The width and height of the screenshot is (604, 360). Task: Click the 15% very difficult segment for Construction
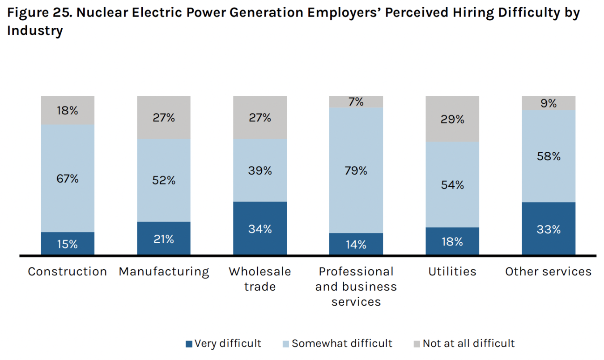tap(68, 244)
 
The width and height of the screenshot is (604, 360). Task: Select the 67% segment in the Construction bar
tap(68, 178)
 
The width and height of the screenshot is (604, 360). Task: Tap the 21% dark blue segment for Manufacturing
tap(164, 238)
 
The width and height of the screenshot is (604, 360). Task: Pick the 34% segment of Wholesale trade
tap(260, 228)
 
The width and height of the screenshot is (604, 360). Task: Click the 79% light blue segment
tap(356, 170)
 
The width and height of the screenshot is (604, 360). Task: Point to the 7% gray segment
tap(356, 102)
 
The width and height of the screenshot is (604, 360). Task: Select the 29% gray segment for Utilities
tap(452, 119)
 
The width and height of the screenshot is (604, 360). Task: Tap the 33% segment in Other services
tap(549, 229)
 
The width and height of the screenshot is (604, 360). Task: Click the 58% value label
tap(549, 156)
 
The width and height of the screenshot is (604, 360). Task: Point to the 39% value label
tap(260, 171)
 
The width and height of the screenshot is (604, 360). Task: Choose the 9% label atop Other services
tap(549, 103)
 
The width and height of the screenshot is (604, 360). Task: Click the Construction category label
tap(68, 271)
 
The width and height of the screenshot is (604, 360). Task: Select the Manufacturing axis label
tap(164, 272)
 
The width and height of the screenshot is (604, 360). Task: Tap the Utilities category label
tap(452, 271)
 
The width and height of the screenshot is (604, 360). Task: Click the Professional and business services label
tap(356, 287)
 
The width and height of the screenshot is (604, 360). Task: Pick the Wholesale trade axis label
tap(260, 279)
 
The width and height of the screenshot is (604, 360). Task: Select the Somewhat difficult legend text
tap(342, 343)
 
